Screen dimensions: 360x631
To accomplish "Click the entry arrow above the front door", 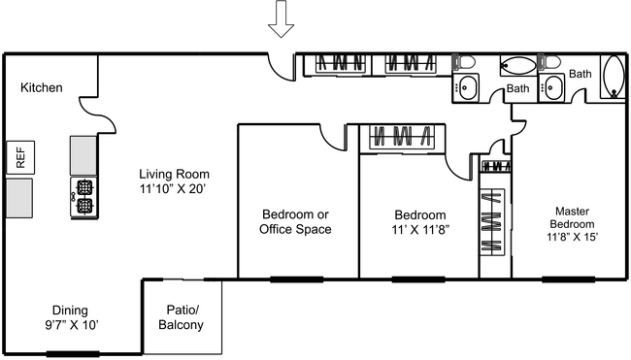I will coord(282,18).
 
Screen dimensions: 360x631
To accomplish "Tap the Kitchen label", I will coord(42,88).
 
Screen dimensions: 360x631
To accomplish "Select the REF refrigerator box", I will coord(18,157).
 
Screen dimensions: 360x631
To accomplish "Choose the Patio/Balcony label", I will coord(182,317).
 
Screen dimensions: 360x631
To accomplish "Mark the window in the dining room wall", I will coord(73,354).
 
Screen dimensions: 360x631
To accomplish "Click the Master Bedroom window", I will coord(568,279).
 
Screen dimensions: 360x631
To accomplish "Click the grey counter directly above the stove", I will coord(83,153).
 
